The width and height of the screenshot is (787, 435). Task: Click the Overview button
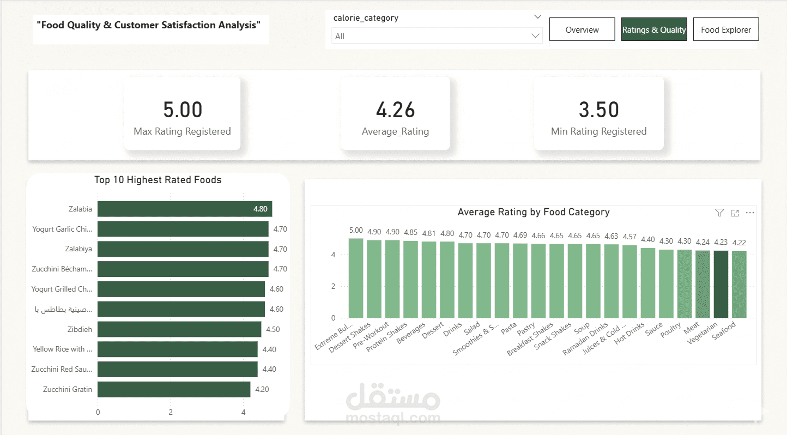coord(582,29)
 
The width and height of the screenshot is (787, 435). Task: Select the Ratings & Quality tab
coord(654,29)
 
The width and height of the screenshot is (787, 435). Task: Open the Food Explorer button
coord(726,29)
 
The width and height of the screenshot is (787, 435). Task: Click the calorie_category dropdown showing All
coord(437,36)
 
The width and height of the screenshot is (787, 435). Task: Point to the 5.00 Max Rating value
coord(183,109)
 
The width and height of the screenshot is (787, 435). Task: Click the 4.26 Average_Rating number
coord(395,110)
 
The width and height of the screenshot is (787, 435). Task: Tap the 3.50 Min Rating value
coord(598,110)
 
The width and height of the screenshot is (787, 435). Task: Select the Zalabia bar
coord(185,209)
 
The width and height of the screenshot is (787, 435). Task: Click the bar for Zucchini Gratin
coord(174,389)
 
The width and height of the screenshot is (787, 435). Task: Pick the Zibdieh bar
coord(179,329)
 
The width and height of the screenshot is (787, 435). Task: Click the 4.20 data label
coord(262,389)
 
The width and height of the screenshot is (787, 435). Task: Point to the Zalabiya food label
coord(78,249)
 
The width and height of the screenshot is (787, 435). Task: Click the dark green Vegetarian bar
coord(721,284)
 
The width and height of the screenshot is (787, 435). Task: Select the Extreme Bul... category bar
coord(356,279)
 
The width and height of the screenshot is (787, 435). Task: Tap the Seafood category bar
coord(739,284)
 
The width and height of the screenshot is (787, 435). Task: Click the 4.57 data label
coord(629,237)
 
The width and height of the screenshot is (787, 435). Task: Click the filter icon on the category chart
coord(719,213)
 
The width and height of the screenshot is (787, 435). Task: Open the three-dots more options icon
coord(750,213)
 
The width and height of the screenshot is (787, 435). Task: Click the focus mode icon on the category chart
coord(735,213)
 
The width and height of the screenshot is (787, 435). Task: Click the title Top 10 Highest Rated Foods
coord(158,180)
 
